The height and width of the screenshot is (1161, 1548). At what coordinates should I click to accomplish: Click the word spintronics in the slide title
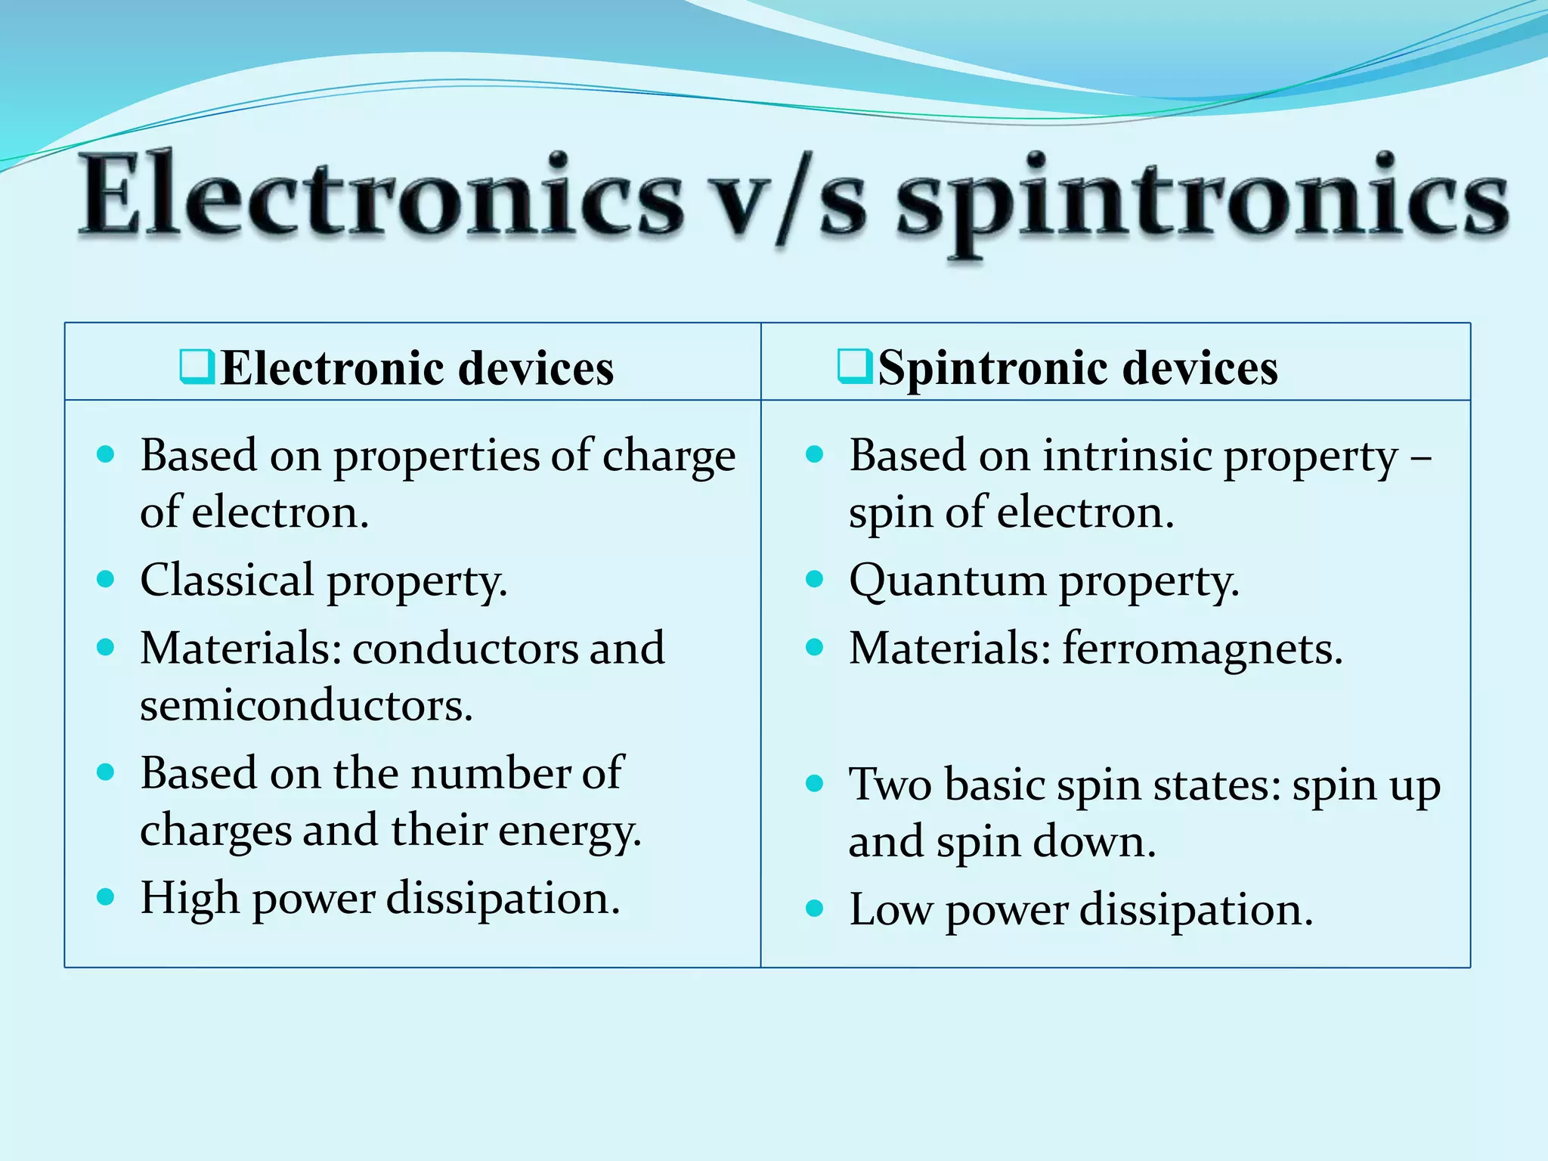[1202, 198]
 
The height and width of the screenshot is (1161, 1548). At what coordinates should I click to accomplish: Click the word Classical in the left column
[227, 580]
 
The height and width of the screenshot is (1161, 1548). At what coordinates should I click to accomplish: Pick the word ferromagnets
[1202, 649]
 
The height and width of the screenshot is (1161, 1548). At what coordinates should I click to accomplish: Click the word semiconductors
[305, 705]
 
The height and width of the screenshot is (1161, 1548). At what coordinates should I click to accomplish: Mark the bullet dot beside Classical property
[106, 580]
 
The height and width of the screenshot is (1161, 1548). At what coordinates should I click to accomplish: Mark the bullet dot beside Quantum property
[814, 580]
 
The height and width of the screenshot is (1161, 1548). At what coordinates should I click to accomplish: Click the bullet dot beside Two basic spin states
[814, 783]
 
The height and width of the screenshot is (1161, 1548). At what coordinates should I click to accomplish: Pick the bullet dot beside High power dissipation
[106, 897]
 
